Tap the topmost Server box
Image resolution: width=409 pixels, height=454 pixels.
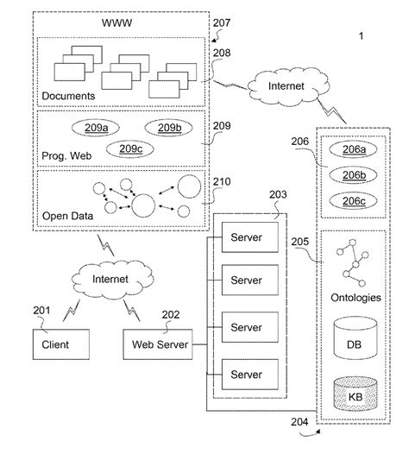click(246, 234)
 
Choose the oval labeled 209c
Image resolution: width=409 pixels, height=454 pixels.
click(131, 148)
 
